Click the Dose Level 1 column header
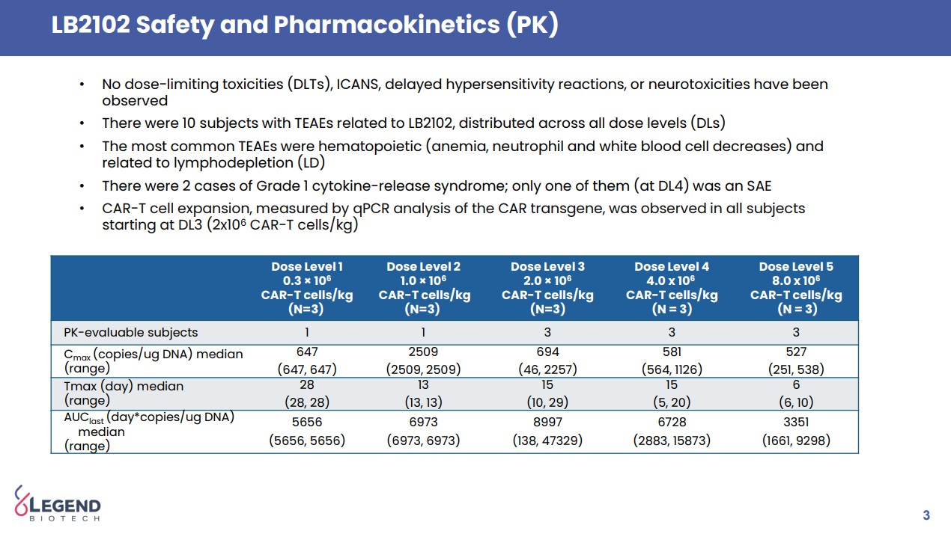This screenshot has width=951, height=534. click(306, 288)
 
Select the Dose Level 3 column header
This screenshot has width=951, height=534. click(547, 288)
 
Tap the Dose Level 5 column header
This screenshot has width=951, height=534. click(796, 288)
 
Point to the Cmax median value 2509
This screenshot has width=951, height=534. click(423, 352)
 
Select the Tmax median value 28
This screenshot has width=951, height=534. click(307, 384)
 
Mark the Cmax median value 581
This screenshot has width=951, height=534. click(672, 352)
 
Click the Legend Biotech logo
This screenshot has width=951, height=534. click(58, 503)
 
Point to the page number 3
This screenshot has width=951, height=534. click(926, 515)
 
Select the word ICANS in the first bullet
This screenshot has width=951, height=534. click(356, 84)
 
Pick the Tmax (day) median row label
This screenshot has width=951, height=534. click(124, 386)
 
